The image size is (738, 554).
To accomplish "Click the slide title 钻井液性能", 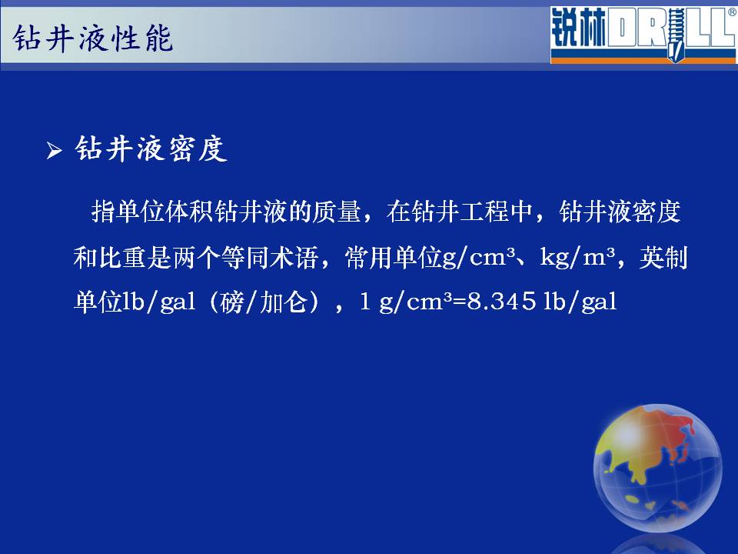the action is tap(93, 38).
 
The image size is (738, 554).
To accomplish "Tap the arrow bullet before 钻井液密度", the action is tap(54, 151).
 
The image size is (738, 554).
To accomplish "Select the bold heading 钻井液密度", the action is tap(151, 149).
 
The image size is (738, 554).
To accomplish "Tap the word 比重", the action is tap(122, 258).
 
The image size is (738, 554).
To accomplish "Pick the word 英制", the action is tap(663, 258).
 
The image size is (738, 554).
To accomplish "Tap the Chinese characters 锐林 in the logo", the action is tap(578, 28).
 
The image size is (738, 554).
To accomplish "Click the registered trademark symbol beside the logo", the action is tap(733, 13).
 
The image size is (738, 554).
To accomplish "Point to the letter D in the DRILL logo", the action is tap(621, 28).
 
